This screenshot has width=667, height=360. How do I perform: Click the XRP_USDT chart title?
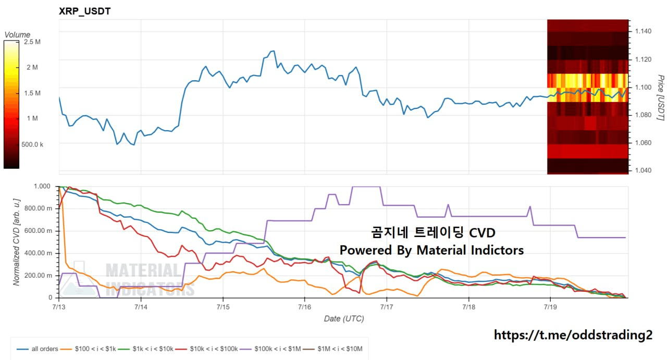click(x=84, y=11)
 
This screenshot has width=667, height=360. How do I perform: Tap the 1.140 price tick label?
click(x=643, y=31)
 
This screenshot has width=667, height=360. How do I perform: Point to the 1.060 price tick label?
click(x=643, y=143)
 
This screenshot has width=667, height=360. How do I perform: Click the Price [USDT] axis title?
click(x=660, y=97)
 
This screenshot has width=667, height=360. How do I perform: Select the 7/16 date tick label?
click(x=305, y=307)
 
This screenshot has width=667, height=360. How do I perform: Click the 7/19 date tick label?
click(x=550, y=307)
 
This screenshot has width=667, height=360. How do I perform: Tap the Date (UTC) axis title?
click(x=344, y=319)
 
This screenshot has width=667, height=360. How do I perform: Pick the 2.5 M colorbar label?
click(x=32, y=42)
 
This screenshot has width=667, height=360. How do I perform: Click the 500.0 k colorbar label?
click(x=32, y=145)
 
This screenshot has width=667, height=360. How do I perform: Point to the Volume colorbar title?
click(x=17, y=35)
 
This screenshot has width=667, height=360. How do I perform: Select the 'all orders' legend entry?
click(x=38, y=349)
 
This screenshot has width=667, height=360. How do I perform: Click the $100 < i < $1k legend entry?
click(x=88, y=349)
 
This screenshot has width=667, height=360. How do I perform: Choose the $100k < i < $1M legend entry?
click(x=270, y=349)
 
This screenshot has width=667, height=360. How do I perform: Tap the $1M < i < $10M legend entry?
click(x=333, y=349)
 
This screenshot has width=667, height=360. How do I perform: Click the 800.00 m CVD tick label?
click(x=38, y=208)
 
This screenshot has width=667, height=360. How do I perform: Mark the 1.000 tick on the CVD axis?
click(x=42, y=187)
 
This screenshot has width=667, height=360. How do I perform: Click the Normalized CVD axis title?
click(x=17, y=242)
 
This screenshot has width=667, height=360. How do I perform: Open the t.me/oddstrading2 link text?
click(x=573, y=335)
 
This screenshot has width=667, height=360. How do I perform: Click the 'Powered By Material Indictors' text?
click(x=432, y=250)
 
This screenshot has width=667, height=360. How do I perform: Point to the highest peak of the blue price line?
click(x=274, y=51)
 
